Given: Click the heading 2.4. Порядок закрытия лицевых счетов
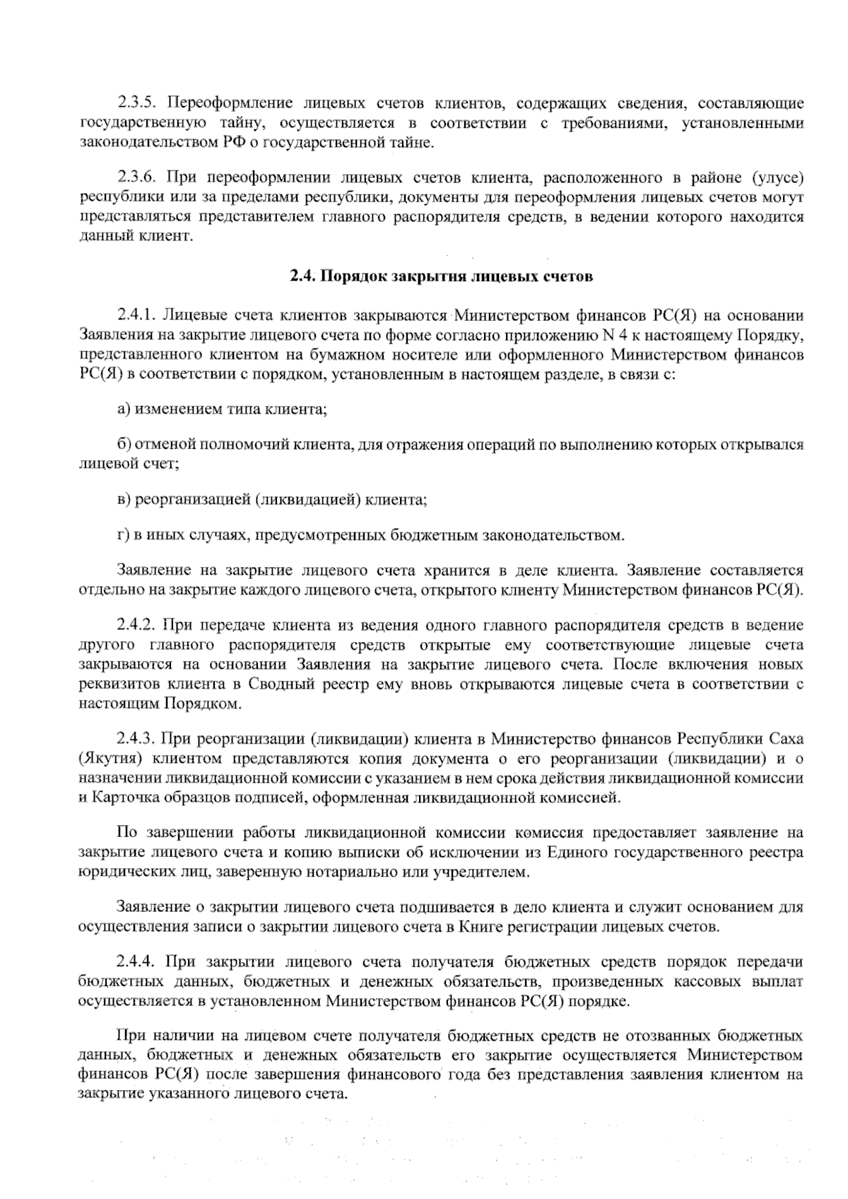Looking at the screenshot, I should click(x=440, y=276).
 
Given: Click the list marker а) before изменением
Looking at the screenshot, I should click(x=124, y=409).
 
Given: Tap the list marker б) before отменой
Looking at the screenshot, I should click(x=124, y=445).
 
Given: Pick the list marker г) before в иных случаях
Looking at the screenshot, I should click(x=123, y=535).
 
